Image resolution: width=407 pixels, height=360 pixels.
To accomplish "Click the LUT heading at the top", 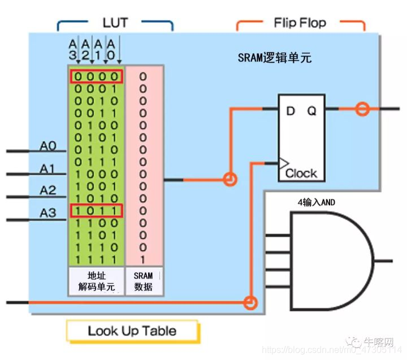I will (x=115, y=23).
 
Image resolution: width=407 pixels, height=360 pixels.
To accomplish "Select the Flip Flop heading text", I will (x=300, y=23).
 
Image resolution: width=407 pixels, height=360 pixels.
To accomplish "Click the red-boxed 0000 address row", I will (x=96, y=76).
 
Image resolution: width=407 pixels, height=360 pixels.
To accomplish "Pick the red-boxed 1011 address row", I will (x=96, y=211).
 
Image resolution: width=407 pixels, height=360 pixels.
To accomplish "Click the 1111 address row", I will (x=96, y=258).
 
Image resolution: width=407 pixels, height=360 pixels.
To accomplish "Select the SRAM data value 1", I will (x=143, y=258).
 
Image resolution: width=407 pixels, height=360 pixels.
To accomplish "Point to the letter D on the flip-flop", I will (x=291, y=111).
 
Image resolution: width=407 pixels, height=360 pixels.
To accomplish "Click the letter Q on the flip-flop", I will (x=311, y=111).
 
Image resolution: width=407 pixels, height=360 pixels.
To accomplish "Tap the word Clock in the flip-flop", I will (x=301, y=173).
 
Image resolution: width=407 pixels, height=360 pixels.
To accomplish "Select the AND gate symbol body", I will (x=328, y=261).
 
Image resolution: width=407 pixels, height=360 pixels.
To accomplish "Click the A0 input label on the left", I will (x=48, y=146).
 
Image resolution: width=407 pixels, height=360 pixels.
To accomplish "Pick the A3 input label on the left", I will (x=48, y=213).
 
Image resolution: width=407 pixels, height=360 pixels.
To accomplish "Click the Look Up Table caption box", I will (x=132, y=331).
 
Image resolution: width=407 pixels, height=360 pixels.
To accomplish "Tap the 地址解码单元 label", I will (x=96, y=281).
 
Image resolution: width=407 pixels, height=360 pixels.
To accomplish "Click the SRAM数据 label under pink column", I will (x=144, y=281).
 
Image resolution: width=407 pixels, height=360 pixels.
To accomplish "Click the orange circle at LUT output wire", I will (x=229, y=180).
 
